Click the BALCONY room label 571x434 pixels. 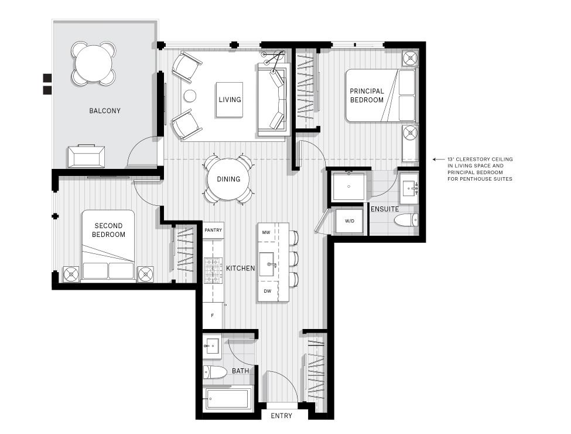click(x=105, y=111)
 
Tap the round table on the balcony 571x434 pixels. click(x=94, y=63)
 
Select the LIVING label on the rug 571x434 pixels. click(x=230, y=100)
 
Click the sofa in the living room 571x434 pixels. click(x=273, y=100)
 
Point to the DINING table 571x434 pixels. click(x=228, y=179)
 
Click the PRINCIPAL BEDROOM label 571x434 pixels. click(x=367, y=96)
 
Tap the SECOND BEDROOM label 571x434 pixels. click(x=108, y=230)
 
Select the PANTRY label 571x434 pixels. click(x=213, y=230)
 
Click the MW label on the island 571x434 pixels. click(x=266, y=233)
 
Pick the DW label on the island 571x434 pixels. click(x=267, y=291)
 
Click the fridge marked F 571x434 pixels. click(x=213, y=316)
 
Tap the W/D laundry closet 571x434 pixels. click(x=350, y=222)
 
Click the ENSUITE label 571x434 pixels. click(x=384, y=209)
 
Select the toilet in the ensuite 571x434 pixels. click(x=406, y=221)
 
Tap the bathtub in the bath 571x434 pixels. click(x=228, y=400)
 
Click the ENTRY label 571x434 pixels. click(x=282, y=416)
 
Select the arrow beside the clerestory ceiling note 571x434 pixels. click(x=436, y=159)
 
